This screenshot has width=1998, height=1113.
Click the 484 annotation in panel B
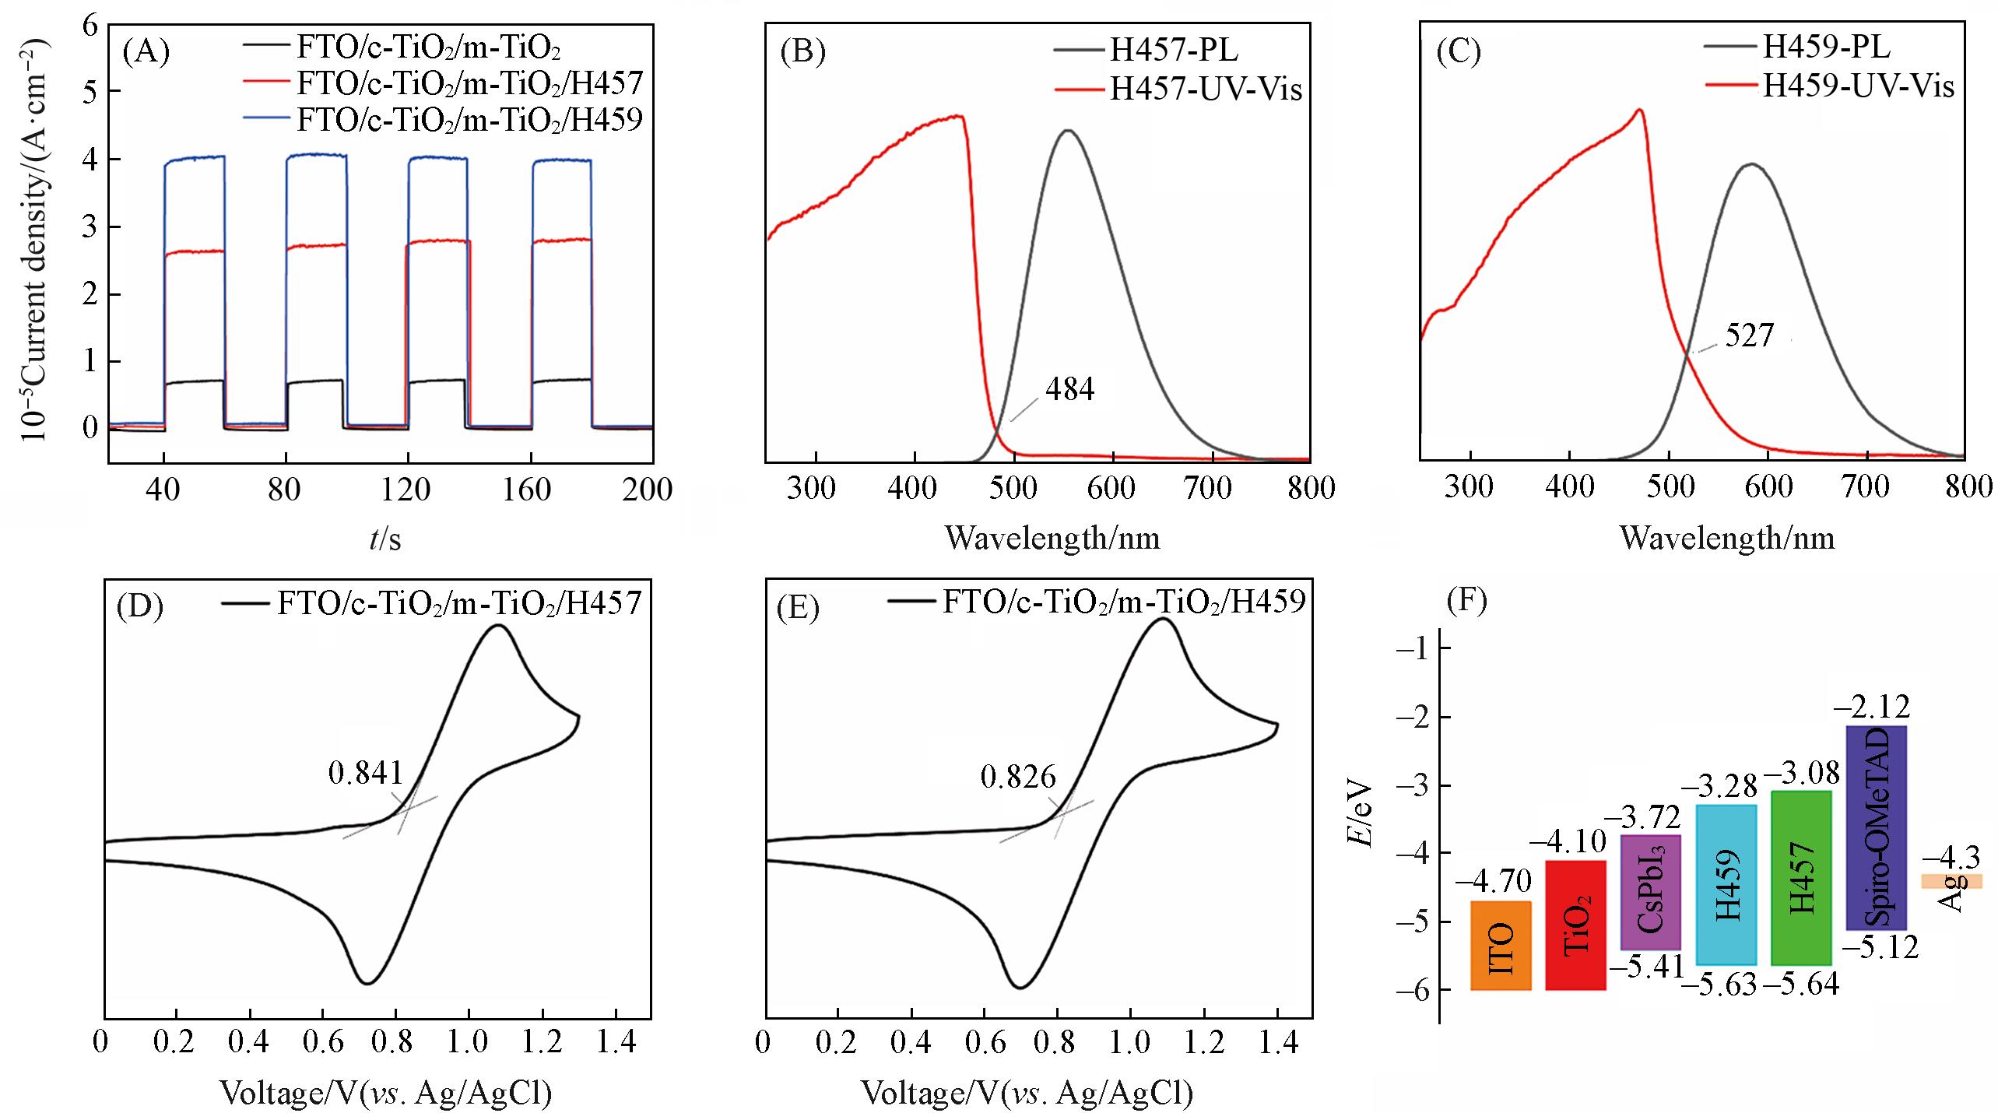pyautogui.click(x=1069, y=390)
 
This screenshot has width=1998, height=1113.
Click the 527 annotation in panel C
pyautogui.click(x=1749, y=336)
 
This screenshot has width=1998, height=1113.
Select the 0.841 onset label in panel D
pyautogui.click(x=366, y=774)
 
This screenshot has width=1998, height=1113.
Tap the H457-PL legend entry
pyautogui.click(x=1173, y=51)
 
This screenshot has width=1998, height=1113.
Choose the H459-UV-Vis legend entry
pyautogui.click(x=1858, y=86)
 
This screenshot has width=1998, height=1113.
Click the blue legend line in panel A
pyautogui.click(x=267, y=120)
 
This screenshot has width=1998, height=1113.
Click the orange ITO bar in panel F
pyautogui.click(x=1501, y=945)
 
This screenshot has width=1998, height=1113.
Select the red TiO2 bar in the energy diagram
pyautogui.click(x=1575, y=924)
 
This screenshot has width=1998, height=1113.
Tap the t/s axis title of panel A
pyautogui.click(x=385, y=539)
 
